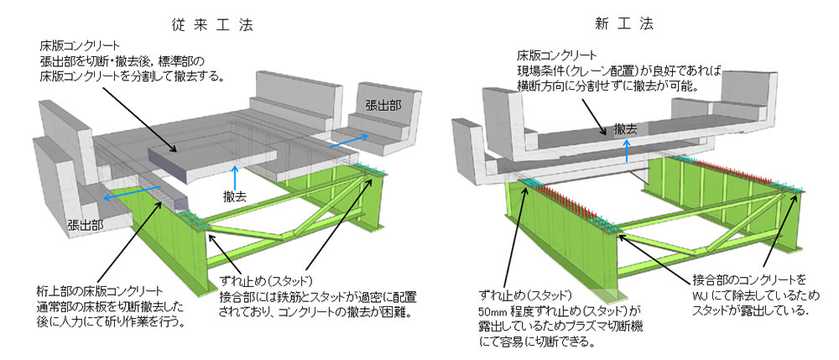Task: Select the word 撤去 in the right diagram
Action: click(625, 129)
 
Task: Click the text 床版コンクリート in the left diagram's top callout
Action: click(85, 44)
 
